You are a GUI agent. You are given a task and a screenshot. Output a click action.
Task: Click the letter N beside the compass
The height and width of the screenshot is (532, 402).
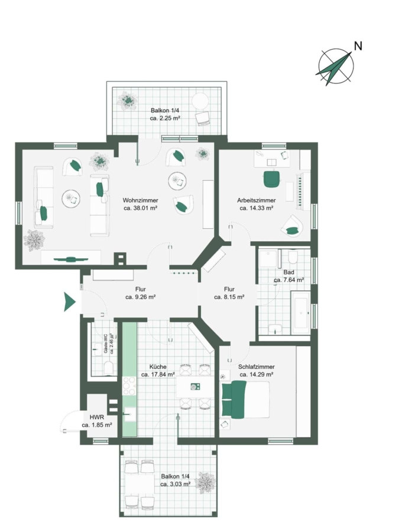click(x=358, y=46)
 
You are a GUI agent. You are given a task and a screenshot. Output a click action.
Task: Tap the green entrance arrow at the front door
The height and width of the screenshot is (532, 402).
click(x=69, y=301)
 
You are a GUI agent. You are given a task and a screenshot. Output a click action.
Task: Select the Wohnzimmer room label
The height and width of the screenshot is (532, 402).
click(x=141, y=200)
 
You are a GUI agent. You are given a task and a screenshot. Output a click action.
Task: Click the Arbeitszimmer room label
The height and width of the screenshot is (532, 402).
click(x=257, y=200)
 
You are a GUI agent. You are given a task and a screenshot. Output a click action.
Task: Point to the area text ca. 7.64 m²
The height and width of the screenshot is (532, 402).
click(x=288, y=280)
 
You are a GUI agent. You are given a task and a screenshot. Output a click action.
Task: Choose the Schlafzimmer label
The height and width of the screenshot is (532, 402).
click(x=257, y=366)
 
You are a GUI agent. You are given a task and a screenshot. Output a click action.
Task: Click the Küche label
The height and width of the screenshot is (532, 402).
click(x=158, y=366)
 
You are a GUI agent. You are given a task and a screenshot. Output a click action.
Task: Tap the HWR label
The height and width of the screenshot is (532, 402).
click(x=97, y=417)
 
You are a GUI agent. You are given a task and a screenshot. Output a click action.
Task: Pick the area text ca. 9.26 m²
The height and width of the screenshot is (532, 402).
click(x=141, y=297)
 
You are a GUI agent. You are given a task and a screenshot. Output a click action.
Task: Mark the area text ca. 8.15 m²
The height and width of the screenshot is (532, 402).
click(x=229, y=297)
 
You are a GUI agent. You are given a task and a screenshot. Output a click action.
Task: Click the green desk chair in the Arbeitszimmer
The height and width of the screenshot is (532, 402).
click(x=271, y=179)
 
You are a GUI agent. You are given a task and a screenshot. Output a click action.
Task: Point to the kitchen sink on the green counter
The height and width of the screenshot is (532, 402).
click(x=129, y=414)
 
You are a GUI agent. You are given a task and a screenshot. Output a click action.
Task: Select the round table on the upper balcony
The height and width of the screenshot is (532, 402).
click(x=200, y=101)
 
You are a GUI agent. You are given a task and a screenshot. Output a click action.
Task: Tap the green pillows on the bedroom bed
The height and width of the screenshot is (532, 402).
click(x=234, y=399)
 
